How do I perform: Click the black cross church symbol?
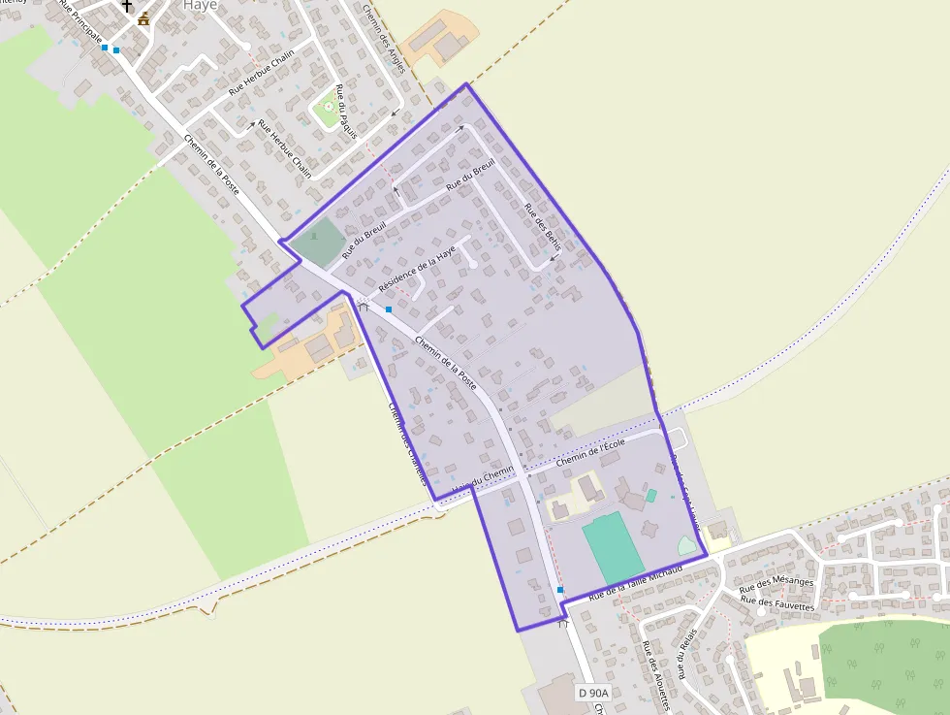(x=127, y=6)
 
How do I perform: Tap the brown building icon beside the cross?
(x=144, y=18)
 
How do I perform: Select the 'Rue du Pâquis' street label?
(x=344, y=112)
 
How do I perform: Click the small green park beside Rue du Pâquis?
(x=326, y=112)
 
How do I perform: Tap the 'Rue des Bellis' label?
(x=542, y=225)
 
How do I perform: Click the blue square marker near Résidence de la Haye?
(x=389, y=309)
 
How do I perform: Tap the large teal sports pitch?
(x=613, y=549)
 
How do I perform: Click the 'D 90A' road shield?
(x=594, y=693)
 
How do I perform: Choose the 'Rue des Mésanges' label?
(x=776, y=583)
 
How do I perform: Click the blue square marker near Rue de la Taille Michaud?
(x=560, y=590)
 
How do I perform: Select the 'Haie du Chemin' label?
(x=482, y=479)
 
